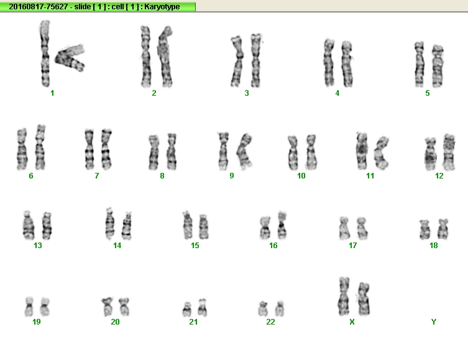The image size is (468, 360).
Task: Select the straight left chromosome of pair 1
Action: coord(45,53)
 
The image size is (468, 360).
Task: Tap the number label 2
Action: coord(154,93)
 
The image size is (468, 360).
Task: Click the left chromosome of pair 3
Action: coord(237,62)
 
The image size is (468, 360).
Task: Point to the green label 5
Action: coord(428,93)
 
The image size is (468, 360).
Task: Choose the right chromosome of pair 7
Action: coord(106,149)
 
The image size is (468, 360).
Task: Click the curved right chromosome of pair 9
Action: coord(244,151)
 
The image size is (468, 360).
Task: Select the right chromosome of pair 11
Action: coord(381,152)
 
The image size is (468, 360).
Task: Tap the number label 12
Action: coord(439,176)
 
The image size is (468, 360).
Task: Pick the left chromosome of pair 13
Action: coord(29,225)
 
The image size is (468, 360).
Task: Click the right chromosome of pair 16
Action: coord(282,225)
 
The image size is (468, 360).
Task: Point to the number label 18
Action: coord(433,246)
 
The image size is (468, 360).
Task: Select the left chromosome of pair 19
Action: coord(29,307)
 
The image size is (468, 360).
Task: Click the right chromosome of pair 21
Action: coord(203,308)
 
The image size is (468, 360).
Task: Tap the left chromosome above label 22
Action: coord(263,308)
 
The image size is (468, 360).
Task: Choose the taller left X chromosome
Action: coord(344,296)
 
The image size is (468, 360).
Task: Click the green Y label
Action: coord(434,322)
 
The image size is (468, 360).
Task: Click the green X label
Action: coord(352,322)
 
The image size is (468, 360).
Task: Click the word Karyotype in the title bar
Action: coord(162,7)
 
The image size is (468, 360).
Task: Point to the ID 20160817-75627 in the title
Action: coord(38,7)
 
